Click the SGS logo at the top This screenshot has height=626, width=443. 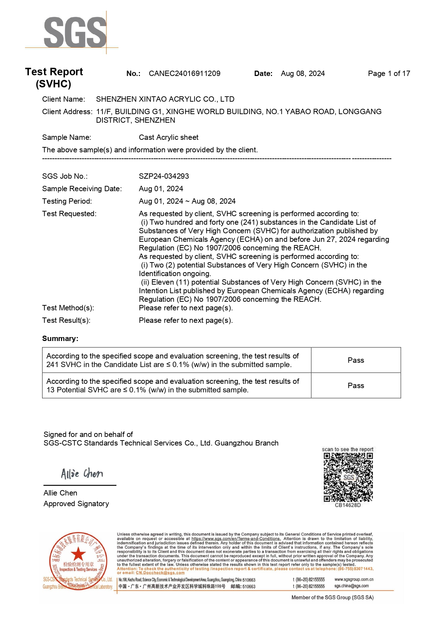point(75,32)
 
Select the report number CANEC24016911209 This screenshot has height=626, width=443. point(185,73)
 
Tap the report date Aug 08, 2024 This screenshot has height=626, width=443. point(303,73)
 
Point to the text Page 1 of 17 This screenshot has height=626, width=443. point(389,73)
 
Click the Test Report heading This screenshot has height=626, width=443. point(54,72)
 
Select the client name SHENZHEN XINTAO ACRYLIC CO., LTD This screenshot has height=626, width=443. point(165,99)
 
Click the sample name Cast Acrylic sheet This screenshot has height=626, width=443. point(168,137)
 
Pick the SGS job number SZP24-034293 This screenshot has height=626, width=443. point(164,176)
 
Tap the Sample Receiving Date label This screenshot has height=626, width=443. point(82,189)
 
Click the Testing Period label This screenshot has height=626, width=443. point(67,201)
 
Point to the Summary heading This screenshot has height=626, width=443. point(60,339)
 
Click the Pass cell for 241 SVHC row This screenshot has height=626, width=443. point(356,360)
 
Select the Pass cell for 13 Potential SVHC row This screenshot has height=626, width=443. point(356,386)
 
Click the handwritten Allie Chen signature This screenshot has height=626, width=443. point(82,473)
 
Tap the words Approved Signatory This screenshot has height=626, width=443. point(76,504)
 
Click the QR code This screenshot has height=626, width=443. point(348,477)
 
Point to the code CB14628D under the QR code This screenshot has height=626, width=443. point(348,505)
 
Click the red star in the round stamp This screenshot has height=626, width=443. point(78,554)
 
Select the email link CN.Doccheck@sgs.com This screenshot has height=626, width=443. point(160,572)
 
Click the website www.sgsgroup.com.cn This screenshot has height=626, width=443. point(354,579)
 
